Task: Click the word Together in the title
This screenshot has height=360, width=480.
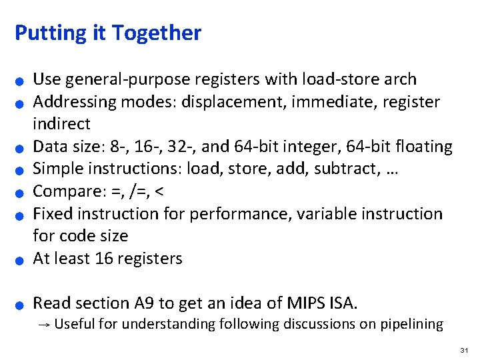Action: coord(157,33)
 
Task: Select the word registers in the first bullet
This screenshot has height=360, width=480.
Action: coord(229,79)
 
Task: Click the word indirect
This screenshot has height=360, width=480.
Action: coord(61,124)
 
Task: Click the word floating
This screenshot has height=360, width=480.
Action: coord(424,147)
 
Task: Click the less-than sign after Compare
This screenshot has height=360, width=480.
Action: coord(159,192)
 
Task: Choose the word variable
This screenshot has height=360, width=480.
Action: coord(327,214)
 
